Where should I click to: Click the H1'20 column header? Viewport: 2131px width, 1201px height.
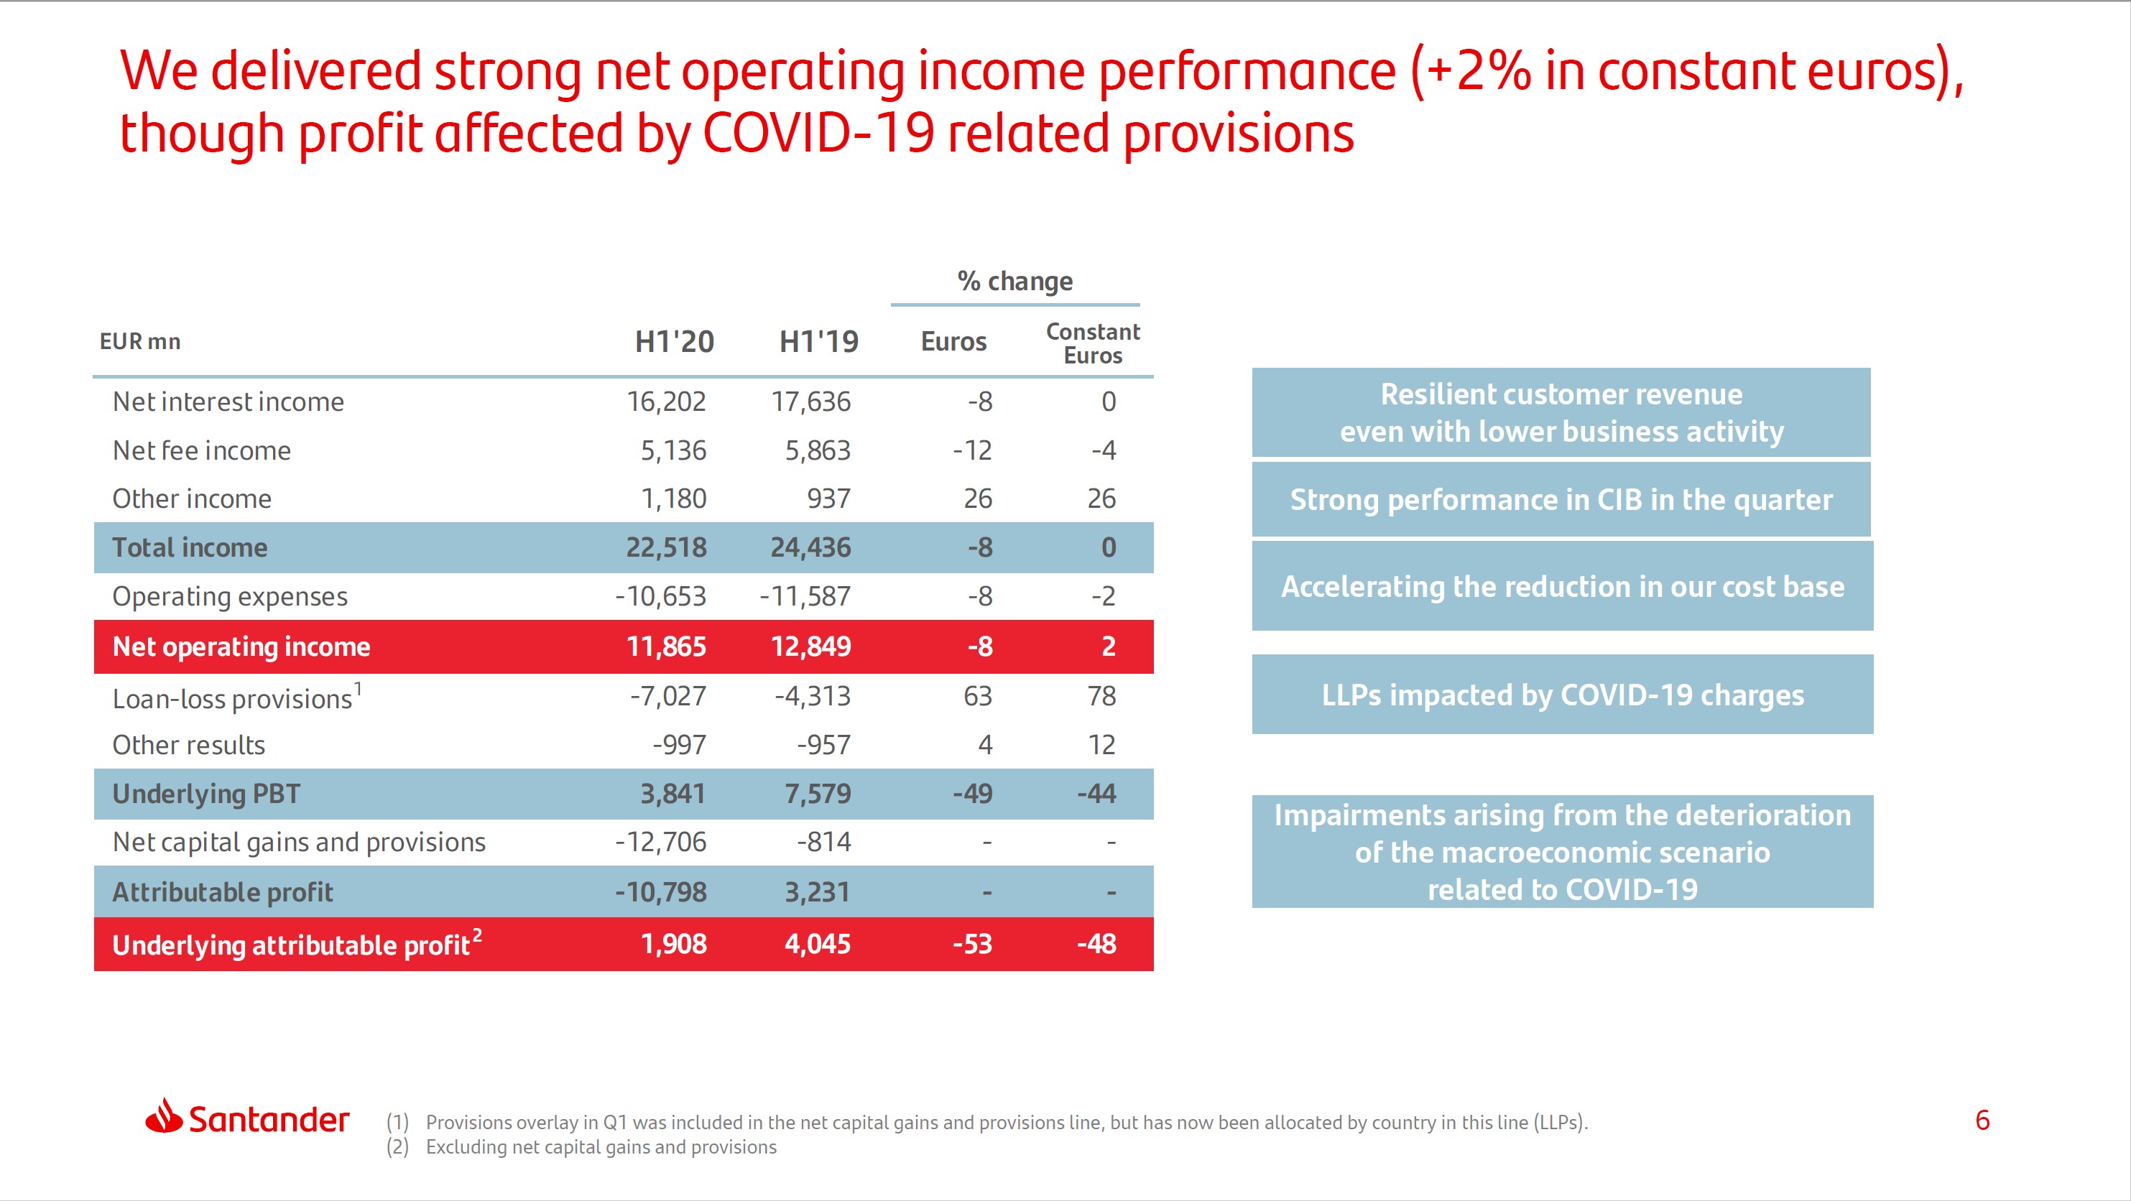click(x=673, y=342)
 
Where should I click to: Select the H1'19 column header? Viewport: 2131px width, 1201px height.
click(x=818, y=342)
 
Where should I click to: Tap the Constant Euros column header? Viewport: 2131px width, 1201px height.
click(x=1092, y=343)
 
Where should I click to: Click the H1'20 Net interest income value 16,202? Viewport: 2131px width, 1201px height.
click(x=666, y=402)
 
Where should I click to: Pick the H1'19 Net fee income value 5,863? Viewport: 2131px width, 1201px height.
click(x=818, y=451)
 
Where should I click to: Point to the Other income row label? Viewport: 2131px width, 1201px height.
click(x=192, y=499)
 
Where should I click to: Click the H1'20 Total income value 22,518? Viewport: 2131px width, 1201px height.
click(x=666, y=547)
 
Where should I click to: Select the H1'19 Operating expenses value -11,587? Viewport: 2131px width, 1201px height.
click(x=805, y=596)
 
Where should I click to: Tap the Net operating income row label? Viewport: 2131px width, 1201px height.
click(x=241, y=646)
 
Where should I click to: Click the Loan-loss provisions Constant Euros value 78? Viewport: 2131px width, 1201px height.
click(x=1101, y=697)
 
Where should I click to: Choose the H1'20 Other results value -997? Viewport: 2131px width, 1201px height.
click(x=679, y=746)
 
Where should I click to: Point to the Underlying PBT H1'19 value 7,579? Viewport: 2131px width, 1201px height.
click(x=818, y=794)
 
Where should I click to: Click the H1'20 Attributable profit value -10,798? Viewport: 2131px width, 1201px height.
click(x=660, y=892)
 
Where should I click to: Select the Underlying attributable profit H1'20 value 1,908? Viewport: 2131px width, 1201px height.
click(x=673, y=945)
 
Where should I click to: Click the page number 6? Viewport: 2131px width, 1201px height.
click(x=1982, y=1120)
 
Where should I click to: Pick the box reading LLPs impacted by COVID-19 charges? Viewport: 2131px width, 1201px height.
click(x=1562, y=695)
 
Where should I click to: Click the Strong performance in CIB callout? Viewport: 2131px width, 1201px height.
click(x=1561, y=500)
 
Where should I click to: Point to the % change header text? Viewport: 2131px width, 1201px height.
click(x=1015, y=282)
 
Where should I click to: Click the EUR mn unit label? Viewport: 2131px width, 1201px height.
click(x=140, y=342)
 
